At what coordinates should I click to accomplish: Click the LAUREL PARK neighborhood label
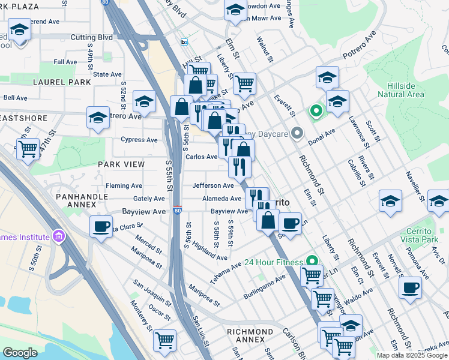click(x=62, y=82)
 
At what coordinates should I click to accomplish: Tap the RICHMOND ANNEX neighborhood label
click(x=250, y=335)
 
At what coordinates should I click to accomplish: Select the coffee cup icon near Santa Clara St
click(x=101, y=227)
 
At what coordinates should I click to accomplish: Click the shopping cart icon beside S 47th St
click(x=28, y=149)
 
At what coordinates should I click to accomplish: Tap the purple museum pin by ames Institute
click(x=58, y=235)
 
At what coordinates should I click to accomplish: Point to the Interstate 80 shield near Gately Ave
click(x=178, y=209)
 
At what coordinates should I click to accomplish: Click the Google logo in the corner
click(x=20, y=353)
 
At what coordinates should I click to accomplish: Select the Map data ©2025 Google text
click(x=412, y=355)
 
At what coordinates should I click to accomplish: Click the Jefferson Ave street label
click(x=212, y=186)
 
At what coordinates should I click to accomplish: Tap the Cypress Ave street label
click(x=139, y=140)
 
